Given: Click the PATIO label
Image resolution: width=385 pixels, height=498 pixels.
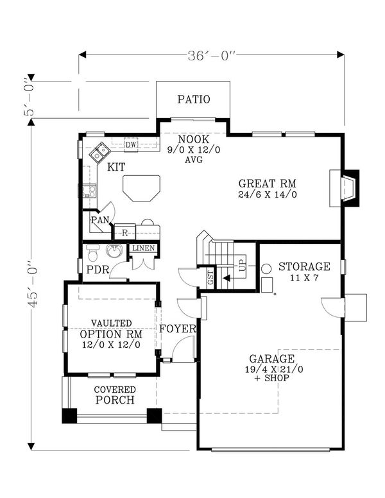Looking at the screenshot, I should pos(194,99).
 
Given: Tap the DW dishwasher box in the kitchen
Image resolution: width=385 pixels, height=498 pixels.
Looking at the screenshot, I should pos(130,145).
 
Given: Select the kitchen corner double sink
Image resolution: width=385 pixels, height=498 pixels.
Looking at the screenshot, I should pos(99,151).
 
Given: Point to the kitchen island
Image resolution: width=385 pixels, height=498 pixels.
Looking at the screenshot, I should pos(141,188).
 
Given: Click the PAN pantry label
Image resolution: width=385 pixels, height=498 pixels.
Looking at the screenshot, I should pos(99,220).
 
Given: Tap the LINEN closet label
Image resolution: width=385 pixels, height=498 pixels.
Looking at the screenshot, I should pos(142,248).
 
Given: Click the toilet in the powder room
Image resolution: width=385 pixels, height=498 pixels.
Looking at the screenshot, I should pos(91,251).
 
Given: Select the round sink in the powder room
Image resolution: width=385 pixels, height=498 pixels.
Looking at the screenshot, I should pos(116,251).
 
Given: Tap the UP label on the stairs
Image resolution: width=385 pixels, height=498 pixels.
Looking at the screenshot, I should pos(242,266).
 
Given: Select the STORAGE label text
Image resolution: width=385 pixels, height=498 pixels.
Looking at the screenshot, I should pos(304,266).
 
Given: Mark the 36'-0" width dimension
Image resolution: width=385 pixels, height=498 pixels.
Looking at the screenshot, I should pos(212,56).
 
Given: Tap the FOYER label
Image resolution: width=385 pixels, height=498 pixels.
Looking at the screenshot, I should pos(177,329).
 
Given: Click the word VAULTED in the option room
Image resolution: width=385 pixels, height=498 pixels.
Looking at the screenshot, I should pos(111,323).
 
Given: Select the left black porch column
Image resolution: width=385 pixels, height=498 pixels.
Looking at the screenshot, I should pos(69,415).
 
